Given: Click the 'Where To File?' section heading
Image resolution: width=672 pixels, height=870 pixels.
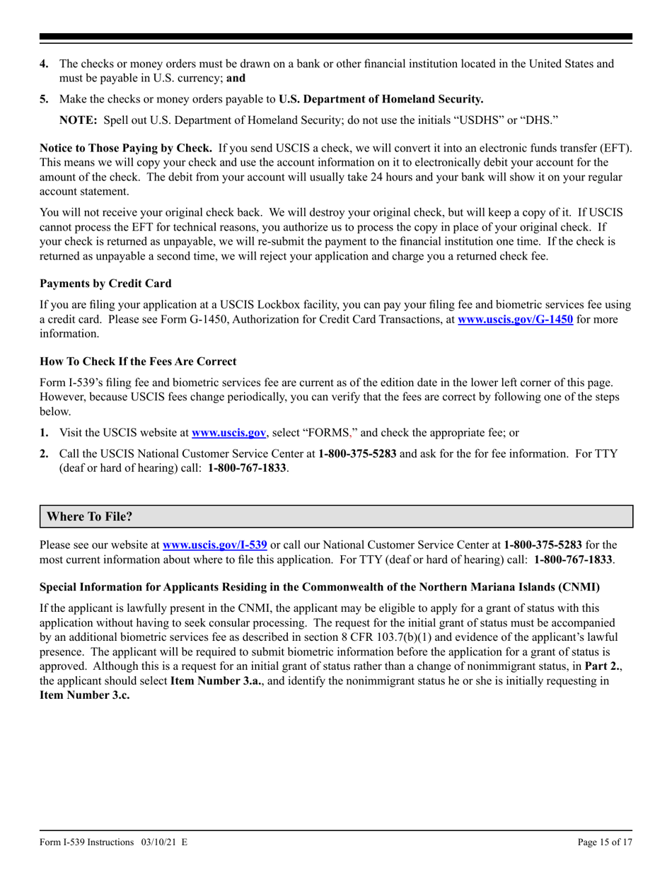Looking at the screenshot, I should tap(89, 516).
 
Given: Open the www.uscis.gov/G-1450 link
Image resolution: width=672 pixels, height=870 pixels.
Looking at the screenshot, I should tap(515, 319).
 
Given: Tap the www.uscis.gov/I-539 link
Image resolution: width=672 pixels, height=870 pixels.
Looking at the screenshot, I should tap(214, 545).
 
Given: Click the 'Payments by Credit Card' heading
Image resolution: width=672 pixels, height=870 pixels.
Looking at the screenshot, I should tap(105, 283).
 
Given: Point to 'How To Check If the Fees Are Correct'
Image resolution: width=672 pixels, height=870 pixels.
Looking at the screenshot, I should tap(138, 361).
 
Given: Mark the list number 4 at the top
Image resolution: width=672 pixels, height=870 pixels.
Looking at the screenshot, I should tap(44, 64).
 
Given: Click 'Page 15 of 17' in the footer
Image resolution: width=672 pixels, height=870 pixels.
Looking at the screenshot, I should tap(605, 842).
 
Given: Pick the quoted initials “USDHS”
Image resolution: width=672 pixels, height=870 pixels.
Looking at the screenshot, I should tap(482, 120).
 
